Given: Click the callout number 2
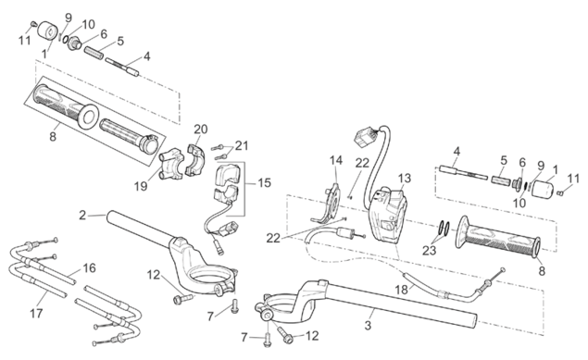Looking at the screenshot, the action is [82, 216].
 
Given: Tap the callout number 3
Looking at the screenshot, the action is [368, 325].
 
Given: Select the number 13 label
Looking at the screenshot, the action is [405, 179].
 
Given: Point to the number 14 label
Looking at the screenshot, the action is [336, 160].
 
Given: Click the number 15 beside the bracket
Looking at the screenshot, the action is [265, 183].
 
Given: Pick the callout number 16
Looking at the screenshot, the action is [89, 268].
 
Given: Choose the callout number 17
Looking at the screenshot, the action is [36, 313].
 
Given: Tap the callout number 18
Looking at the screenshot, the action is [401, 290].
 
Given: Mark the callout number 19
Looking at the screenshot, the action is [141, 186].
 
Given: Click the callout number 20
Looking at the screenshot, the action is [201, 130].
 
